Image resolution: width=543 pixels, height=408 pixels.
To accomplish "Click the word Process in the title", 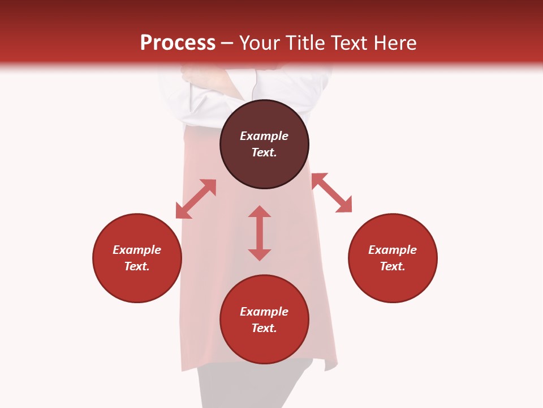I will click(178, 43).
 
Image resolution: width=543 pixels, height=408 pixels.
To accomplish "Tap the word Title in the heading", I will click(305, 43).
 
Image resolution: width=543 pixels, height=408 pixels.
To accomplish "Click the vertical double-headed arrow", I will click(260, 233).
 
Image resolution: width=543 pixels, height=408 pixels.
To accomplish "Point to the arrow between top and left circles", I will click(196, 199).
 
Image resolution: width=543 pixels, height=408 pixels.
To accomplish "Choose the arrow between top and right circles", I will click(331, 193).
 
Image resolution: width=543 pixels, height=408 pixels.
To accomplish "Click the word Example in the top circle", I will click(264, 136).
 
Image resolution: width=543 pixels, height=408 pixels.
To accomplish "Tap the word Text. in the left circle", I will click(137, 266).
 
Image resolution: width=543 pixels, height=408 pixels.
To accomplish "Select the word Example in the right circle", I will click(393, 250).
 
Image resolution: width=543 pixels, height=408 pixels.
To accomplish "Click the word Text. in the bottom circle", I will click(264, 328).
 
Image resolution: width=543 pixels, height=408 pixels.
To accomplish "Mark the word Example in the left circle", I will click(137, 250).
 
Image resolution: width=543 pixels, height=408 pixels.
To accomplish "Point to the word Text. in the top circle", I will click(264, 152).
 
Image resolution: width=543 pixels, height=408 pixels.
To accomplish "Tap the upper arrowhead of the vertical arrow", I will click(260, 212).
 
